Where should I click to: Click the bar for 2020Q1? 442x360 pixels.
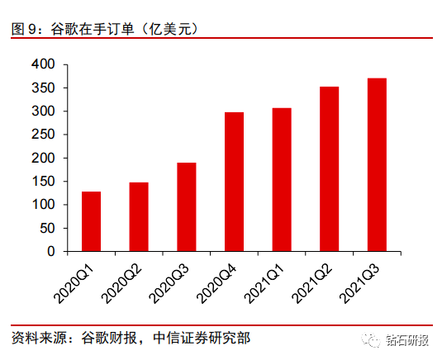coord(92,221)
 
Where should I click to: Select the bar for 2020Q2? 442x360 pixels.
coord(139,216)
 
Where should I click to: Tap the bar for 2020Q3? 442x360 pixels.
coord(187,206)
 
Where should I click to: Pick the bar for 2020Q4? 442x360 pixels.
coord(235,182)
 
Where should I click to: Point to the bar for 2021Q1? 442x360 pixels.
coord(282,179)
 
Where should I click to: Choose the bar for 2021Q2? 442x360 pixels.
coord(330,169)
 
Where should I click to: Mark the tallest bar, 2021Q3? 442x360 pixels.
coord(377,164)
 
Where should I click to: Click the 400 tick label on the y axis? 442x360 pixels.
coord(43,64)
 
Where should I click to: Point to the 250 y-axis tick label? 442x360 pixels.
coord(43,135)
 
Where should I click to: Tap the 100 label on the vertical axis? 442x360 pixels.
coord(43,205)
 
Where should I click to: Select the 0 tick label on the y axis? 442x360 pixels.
coord(50,251)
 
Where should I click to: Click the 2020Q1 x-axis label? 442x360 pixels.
coord(74,285)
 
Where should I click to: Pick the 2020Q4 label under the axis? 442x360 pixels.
coord(216,285)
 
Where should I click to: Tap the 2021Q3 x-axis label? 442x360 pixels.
coord(359,285)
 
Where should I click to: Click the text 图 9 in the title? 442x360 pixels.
coord(24,29)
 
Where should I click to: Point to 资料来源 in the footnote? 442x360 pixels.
coord(39,338)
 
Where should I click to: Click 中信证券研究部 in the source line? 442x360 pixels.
coord(202,338)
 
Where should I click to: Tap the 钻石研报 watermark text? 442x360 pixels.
coord(407,340)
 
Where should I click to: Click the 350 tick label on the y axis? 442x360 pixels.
coord(43,88)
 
